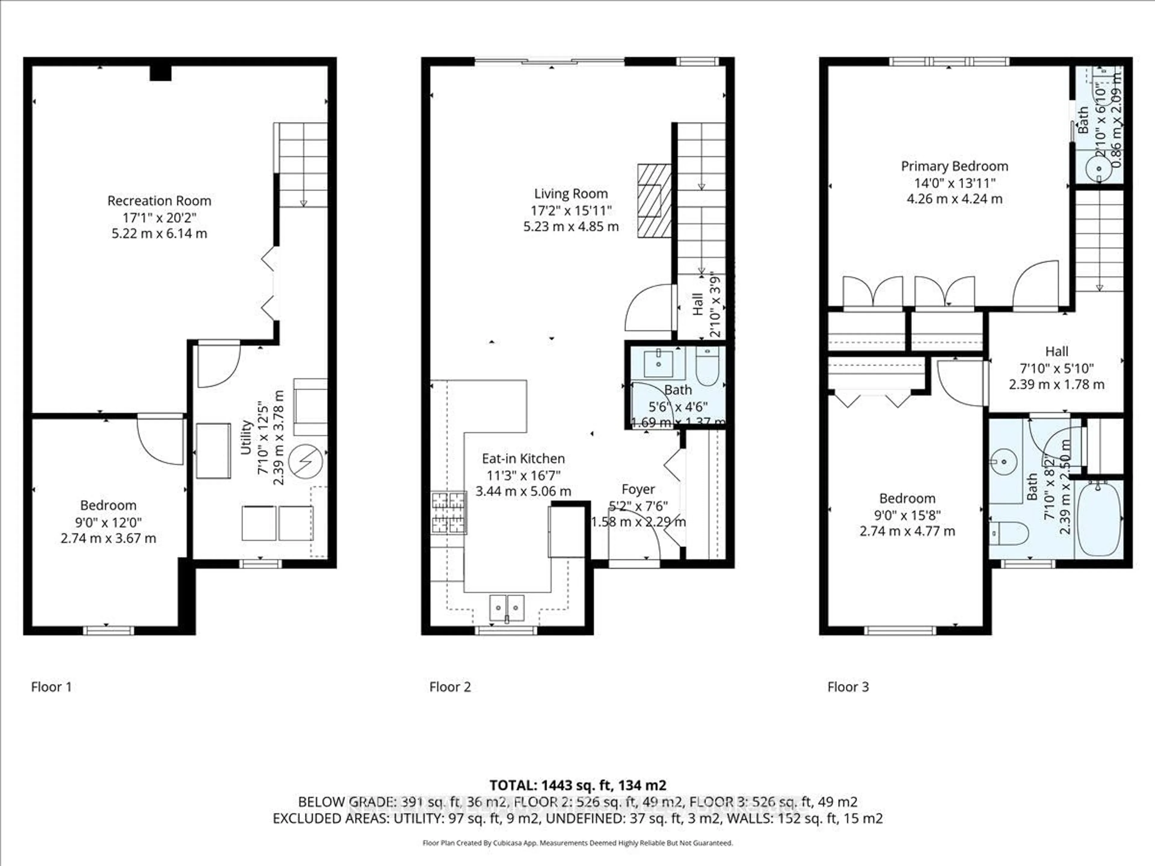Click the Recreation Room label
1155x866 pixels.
[x=159, y=201]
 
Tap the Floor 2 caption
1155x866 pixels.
[x=450, y=687]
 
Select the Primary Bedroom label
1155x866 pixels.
[x=954, y=167]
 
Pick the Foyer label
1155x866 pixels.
[x=638, y=490]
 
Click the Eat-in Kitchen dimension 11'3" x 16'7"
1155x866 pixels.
[x=523, y=475]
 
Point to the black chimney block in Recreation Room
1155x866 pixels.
[x=160, y=72]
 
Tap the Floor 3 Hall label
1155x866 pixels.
[x=1056, y=351]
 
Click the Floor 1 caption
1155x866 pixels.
[x=51, y=687]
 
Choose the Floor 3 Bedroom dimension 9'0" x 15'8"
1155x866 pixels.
[x=907, y=515]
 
